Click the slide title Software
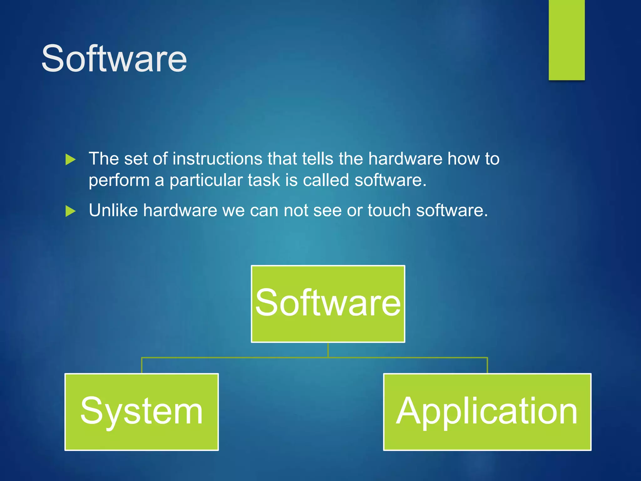114,59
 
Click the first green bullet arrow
70,160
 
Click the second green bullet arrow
70,211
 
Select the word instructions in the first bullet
217,159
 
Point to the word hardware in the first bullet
405,159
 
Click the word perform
119,181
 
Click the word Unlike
113,210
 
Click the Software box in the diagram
328,304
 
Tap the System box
141,412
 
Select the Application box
487,412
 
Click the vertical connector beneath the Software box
328,350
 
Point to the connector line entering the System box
142,365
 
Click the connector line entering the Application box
487,365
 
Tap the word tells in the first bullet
318,159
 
